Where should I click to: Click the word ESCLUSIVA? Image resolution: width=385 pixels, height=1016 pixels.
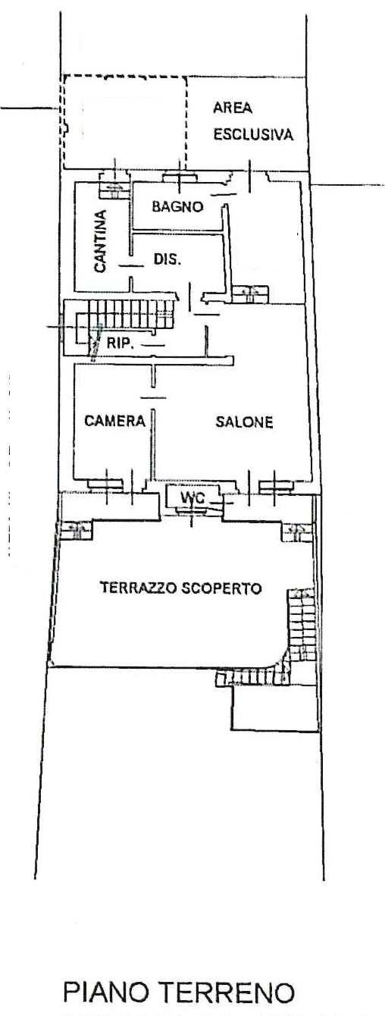[x=252, y=135]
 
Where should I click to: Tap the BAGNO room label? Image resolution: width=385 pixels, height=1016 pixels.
[x=177, y=206]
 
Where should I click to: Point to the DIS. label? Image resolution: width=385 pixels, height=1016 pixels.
[x=167, y=259]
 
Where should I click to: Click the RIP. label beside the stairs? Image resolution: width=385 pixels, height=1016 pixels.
[x=120, y=343]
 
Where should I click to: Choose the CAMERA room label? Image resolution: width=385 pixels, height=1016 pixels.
[x=114, y=422]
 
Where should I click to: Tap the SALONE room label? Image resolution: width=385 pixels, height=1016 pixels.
[x=243, y=422]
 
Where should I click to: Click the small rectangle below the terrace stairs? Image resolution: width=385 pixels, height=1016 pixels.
[x=272, y=709]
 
